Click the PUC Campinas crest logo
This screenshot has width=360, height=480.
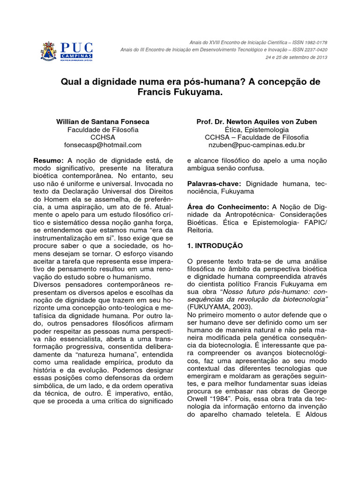pyautogui.click(x=48, y=52)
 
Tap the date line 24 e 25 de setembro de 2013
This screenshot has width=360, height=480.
pyautogui.click(x=296, y=57)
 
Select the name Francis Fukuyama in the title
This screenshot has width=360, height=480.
pyautogui.click(x=178, y=92)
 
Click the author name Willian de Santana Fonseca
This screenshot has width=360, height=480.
pyautogui.click(x=103, y=121)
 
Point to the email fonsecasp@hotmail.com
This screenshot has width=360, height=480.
pyautogui.click(x=103, y=145)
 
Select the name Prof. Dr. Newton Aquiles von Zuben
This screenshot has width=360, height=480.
pyautogui.click(x=256, y=121)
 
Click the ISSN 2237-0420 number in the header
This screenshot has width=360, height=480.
pyautogui.click(x=309, y=49)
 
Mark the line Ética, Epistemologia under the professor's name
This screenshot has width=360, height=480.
pyautogui.click(x=256, y=129)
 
